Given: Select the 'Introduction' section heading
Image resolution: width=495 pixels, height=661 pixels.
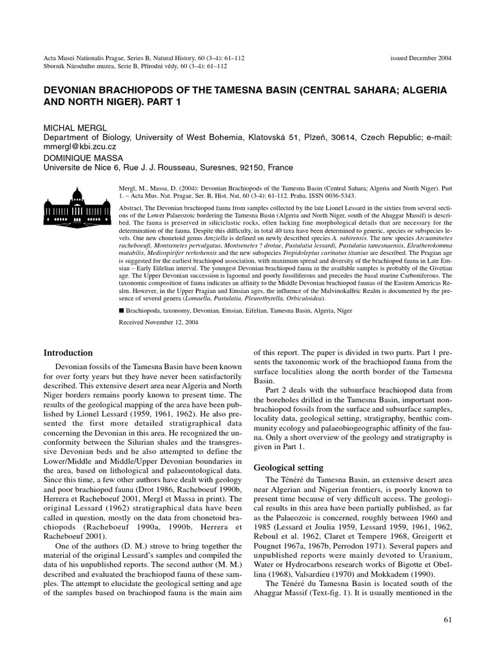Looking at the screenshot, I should pos(68,353).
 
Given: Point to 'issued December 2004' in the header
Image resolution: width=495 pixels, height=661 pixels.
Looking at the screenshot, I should pos(421,57).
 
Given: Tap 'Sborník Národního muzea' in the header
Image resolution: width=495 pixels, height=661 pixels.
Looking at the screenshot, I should pos(80,66).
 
